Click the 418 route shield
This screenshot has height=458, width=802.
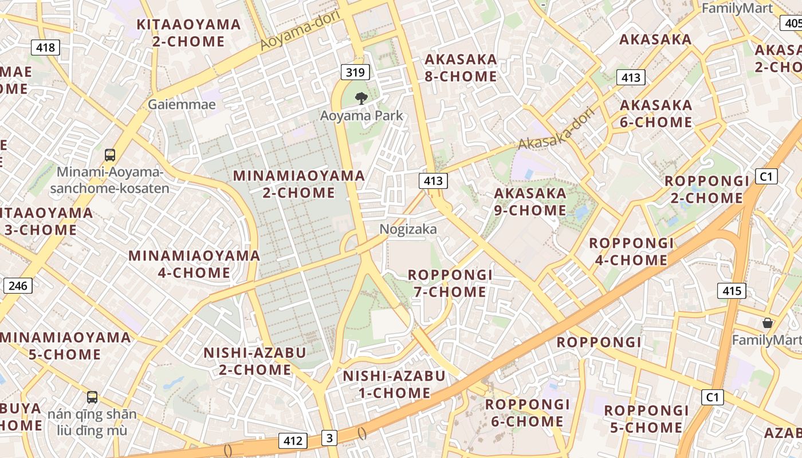click(45, 47)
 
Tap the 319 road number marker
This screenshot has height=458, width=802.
click(355, 72)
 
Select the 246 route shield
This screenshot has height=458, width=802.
click(18, 285)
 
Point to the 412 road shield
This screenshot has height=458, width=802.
click(293, 440)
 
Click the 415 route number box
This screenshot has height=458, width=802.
click(732, 291)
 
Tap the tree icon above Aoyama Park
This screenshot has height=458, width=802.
click(361, 98)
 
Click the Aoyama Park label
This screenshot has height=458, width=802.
click(361, 116)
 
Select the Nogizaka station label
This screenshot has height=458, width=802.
click(408, 229)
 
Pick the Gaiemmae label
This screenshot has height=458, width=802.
click(182, 104)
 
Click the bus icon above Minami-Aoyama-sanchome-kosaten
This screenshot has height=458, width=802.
click(109, 155)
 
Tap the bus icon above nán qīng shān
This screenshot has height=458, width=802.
click(92, 397)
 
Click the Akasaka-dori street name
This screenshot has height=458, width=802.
click(556, 129)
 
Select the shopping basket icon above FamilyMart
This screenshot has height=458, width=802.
click(768, 323)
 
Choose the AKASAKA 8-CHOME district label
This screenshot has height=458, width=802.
click(461, 68)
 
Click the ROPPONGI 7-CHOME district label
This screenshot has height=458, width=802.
click(450, 283)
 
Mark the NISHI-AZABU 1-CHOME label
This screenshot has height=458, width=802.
click(394, 384)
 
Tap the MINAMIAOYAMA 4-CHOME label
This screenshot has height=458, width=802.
click(194, 264)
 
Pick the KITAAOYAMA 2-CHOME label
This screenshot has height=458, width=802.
click(188, 33)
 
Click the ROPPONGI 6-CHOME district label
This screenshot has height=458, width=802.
click(528, 413)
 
